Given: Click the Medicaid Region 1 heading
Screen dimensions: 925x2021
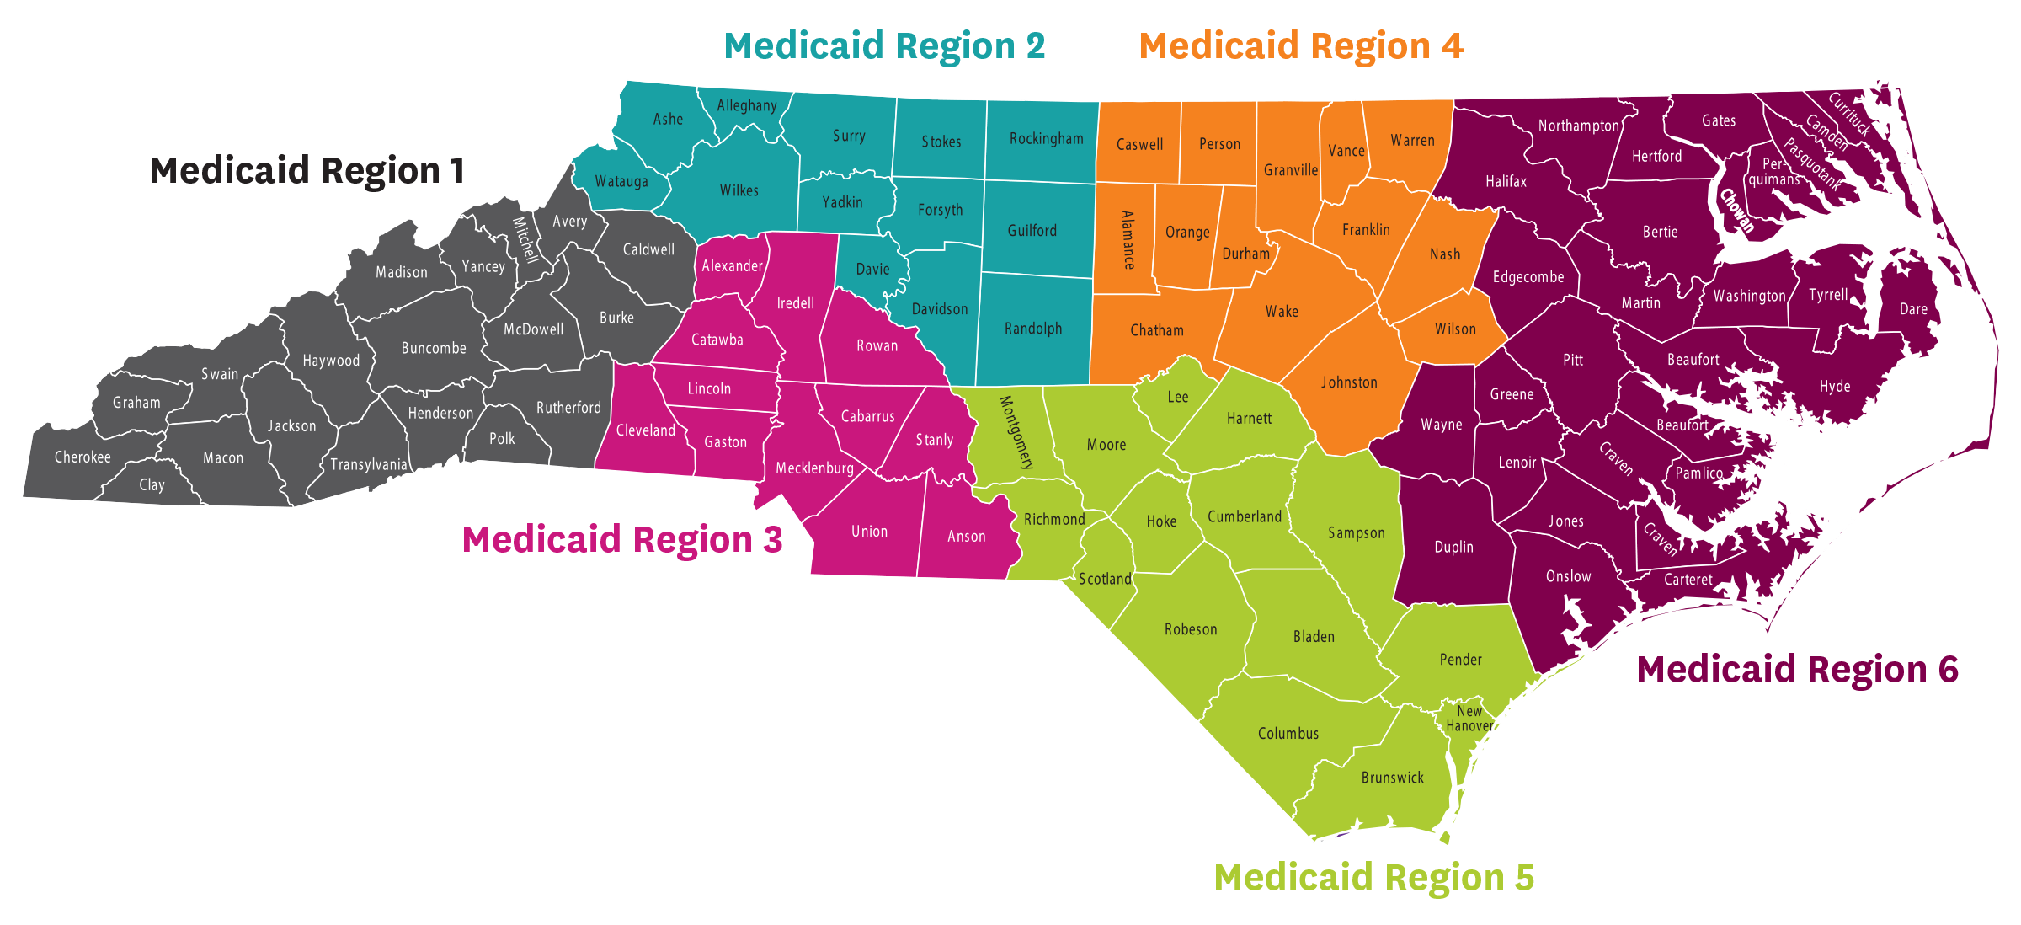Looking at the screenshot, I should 307,171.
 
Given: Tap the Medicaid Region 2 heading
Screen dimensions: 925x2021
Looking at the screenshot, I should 884,46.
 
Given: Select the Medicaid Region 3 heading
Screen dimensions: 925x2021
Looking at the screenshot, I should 622,540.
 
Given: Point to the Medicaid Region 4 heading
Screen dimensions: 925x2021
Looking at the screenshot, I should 1301,46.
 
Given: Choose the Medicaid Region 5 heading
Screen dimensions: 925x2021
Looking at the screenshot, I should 1374,878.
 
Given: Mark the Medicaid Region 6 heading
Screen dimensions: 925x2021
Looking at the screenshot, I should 1798,670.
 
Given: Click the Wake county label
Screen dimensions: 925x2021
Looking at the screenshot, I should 1282,312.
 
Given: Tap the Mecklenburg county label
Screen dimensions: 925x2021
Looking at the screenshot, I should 814,468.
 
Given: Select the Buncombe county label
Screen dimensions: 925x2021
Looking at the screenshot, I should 434,348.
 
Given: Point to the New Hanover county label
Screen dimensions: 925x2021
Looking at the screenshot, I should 1469,719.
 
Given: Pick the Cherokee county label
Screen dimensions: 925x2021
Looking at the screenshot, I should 83,457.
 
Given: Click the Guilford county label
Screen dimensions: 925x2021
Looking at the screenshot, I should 1032,231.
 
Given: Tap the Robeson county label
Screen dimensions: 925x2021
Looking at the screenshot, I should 1191,629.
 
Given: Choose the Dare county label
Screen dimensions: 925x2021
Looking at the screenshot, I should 1913,309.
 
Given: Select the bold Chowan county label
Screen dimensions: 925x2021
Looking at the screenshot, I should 1737,211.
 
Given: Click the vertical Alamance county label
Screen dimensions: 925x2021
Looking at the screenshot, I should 1128,240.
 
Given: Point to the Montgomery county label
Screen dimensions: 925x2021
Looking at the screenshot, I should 1016,432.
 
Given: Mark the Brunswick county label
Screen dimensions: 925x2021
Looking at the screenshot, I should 1393,778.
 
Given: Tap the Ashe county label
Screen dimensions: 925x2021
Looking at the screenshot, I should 668,120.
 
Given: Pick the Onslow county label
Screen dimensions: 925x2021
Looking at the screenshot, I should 1568,576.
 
